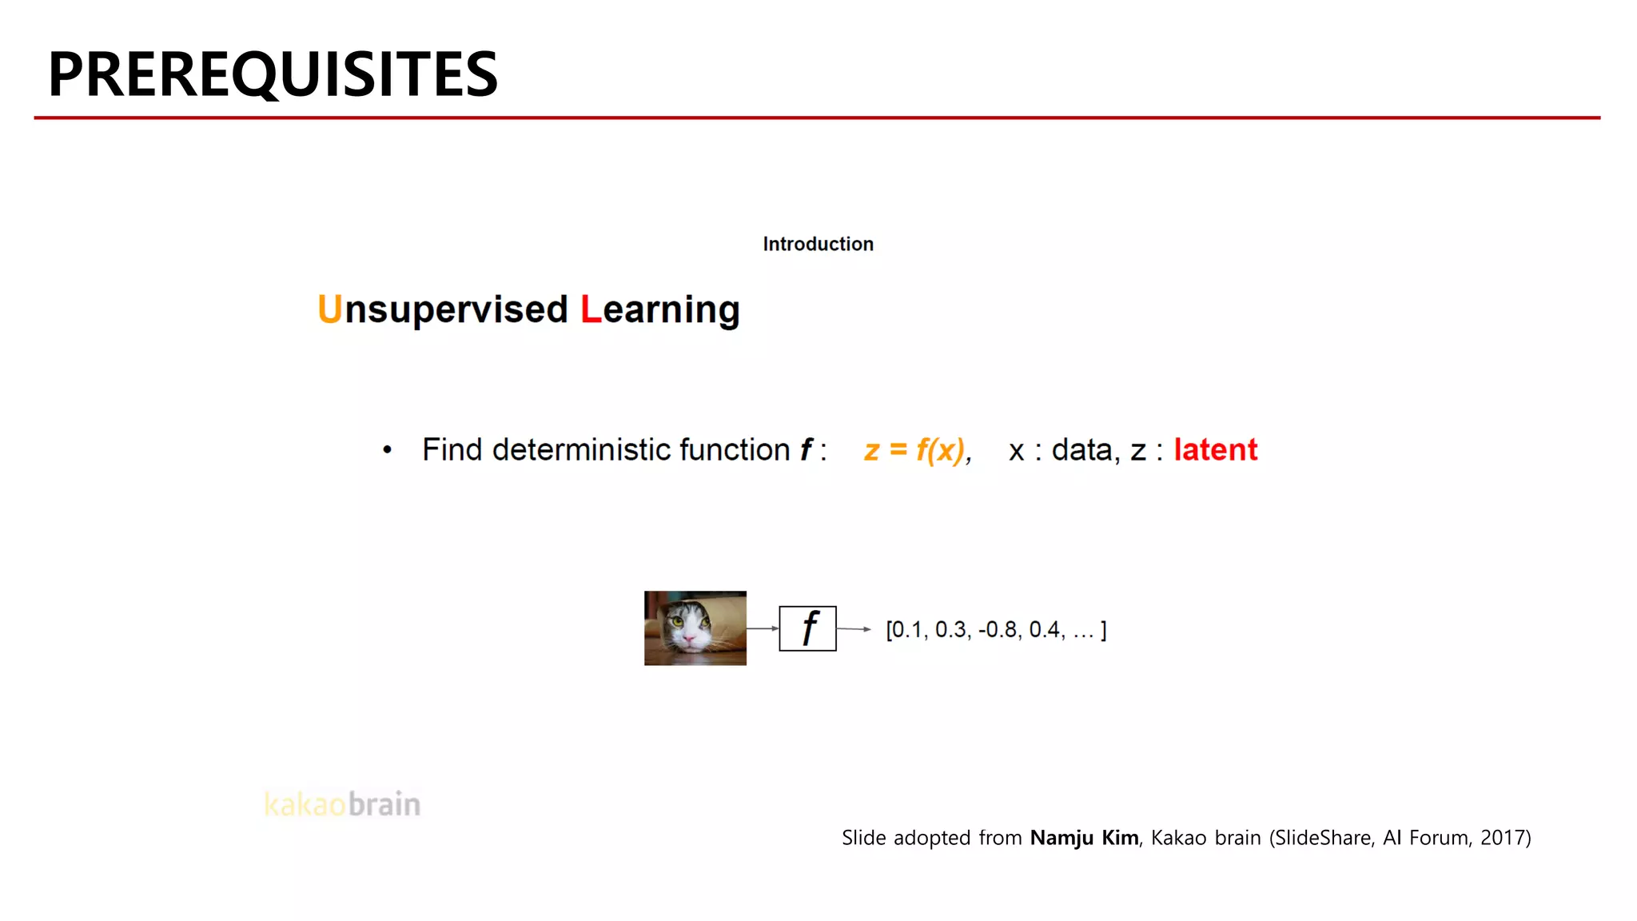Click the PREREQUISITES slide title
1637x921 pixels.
(273, 74)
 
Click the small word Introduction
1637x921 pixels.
(818, 244)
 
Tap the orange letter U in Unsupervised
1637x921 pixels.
(329, 309)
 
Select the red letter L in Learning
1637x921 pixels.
(591, 309)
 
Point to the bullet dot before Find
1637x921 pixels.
(388, 450)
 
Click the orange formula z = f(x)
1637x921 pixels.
(914, 450)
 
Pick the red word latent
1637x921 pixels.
(1215, 450)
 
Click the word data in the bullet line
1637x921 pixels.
(1081, 450)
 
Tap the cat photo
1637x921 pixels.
(695, 628)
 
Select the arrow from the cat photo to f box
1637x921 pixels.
(763, 628)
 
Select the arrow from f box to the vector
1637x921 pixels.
(854, 629)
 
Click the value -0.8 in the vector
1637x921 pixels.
(998, 630)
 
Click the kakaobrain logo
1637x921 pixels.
(342, 804)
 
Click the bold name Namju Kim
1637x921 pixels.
(1084, 838)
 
